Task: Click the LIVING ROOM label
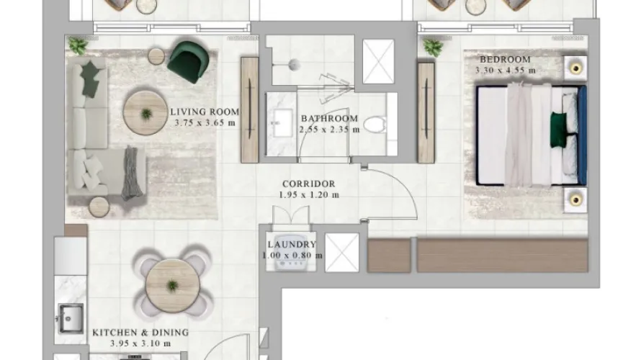pos(205,112)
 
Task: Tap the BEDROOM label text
pos(506,59)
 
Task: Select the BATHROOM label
pos(329,119)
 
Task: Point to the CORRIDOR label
pos(309,184)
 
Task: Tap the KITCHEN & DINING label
pos(140,333)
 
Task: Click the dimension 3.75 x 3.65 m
pos(205,122)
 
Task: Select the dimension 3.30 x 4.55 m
pos(506,70)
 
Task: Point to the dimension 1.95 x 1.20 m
pos(309,195)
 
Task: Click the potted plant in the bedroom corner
pos(433,48)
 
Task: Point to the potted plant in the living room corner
pos(77,46)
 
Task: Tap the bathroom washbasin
pos(279,125)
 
